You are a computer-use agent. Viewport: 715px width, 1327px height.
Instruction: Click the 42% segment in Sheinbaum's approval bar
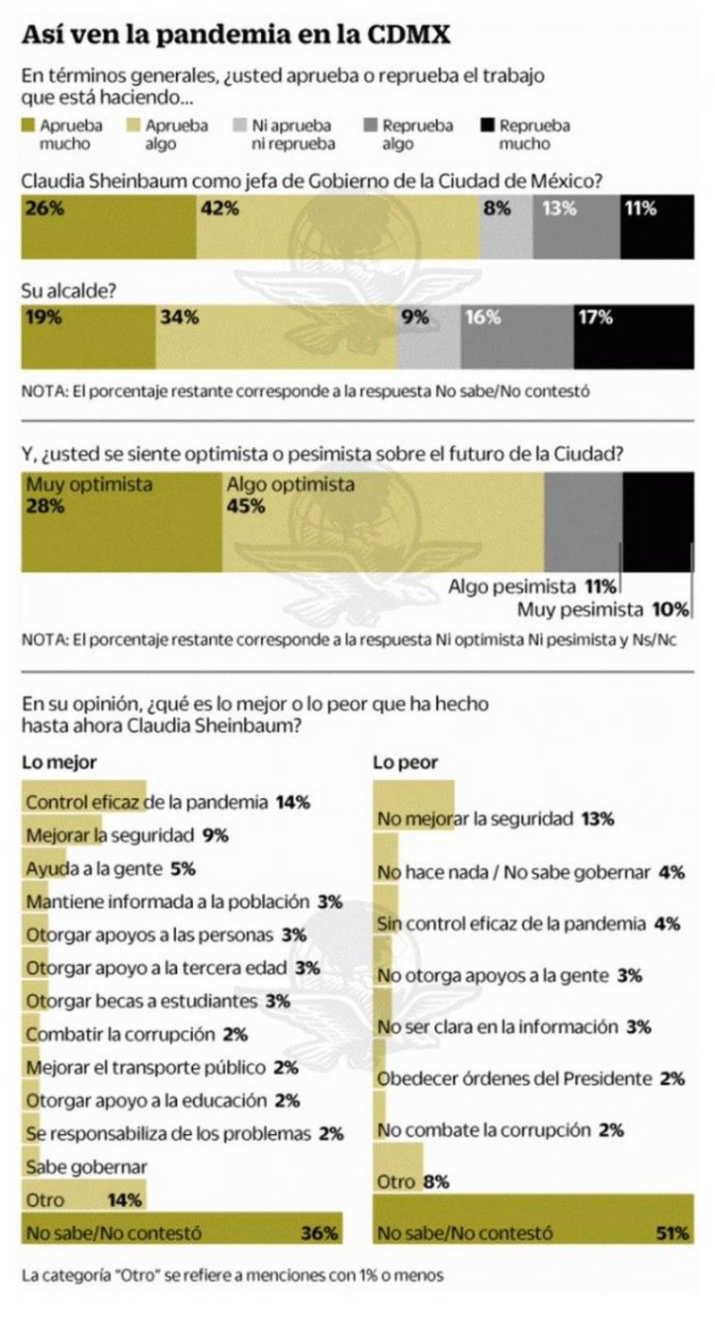tap(337, 226)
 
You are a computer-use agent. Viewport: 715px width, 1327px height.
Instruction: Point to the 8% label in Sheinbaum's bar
tap(496, 209)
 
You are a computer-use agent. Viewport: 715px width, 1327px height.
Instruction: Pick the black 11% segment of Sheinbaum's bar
tap(657, 226)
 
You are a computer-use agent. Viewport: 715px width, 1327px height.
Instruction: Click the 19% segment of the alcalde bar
tap(88, 335)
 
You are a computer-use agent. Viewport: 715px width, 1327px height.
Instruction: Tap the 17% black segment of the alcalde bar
tap(634, 335)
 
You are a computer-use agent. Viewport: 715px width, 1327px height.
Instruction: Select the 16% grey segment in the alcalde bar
tap(517, 335)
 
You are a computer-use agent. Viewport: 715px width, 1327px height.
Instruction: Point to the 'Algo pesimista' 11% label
tap(533, 587)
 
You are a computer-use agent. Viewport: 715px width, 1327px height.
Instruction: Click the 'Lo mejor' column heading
tap(59, 762)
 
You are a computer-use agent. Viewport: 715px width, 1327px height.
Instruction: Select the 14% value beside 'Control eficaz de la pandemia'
tap(292, 802)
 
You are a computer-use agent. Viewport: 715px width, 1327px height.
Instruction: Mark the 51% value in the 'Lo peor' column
tap(672, 1233)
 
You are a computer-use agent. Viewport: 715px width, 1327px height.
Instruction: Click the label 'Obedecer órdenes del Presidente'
tap(515, 1079)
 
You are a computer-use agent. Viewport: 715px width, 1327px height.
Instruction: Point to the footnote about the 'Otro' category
tap(232, 1275)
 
